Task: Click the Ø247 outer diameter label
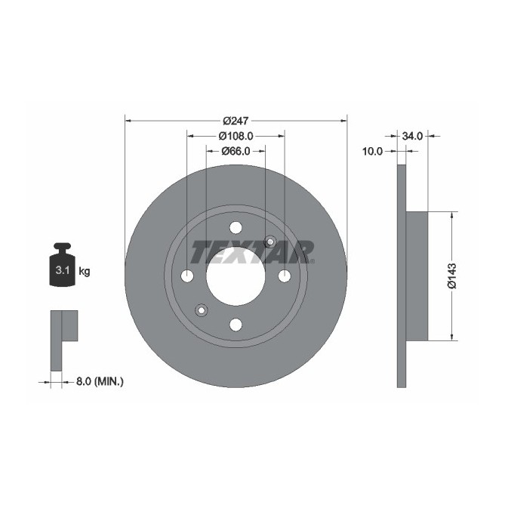click(236, 121)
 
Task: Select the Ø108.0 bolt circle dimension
click(235, 137)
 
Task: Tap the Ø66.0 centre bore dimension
click(236, 151)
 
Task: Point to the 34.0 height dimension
click(412, 137)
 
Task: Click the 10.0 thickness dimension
click(372, 151)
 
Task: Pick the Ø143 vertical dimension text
click(451, 276)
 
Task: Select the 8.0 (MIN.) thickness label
click(99, 382)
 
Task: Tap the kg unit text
click(84, 271)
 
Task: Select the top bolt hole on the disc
click(236, 227)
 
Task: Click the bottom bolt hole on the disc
click(236, 325)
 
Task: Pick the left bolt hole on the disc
click(187, 276)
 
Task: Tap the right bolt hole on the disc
click(285, 276)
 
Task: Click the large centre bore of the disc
click(236, 276)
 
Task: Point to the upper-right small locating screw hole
click(270, 242)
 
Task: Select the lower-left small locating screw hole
click(202, 309)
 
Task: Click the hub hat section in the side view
click(417, 276)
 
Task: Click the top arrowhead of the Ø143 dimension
click(451, 215)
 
